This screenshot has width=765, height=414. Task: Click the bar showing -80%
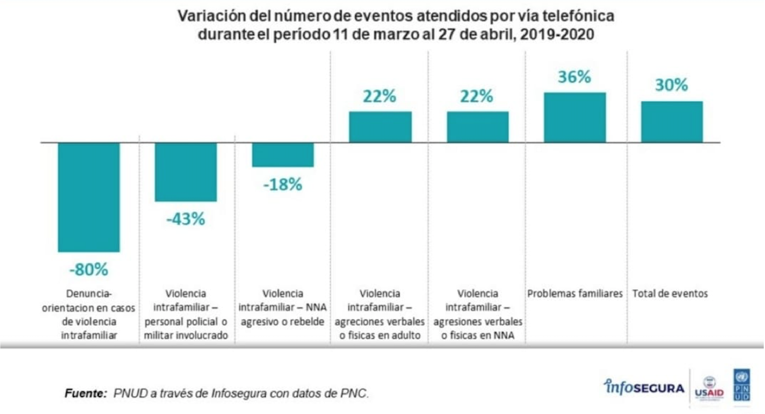click(x=89, y=197)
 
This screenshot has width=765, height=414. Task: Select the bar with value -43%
click(x=186, y=172)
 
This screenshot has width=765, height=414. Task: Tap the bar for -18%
click(x=283, y=155)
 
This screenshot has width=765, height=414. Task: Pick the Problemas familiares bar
click(x=575, y=118)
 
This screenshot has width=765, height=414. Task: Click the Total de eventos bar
click(x=672, y=122)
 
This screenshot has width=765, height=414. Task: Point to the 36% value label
click(x=574, y=77)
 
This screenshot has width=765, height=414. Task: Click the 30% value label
click(x=671, y=85)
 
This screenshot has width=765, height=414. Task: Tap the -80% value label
click(x=89, y=270)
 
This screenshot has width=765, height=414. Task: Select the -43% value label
click(x=186, y=219)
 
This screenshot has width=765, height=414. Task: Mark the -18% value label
click(x=283, y=185)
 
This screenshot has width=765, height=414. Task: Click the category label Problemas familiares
click(x=575, y=294)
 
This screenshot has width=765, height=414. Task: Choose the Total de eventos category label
click(x=670, y=294)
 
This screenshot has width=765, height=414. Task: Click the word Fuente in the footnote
click(x=85, y=394)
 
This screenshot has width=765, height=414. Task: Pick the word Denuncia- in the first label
click(x=89, y=294)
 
